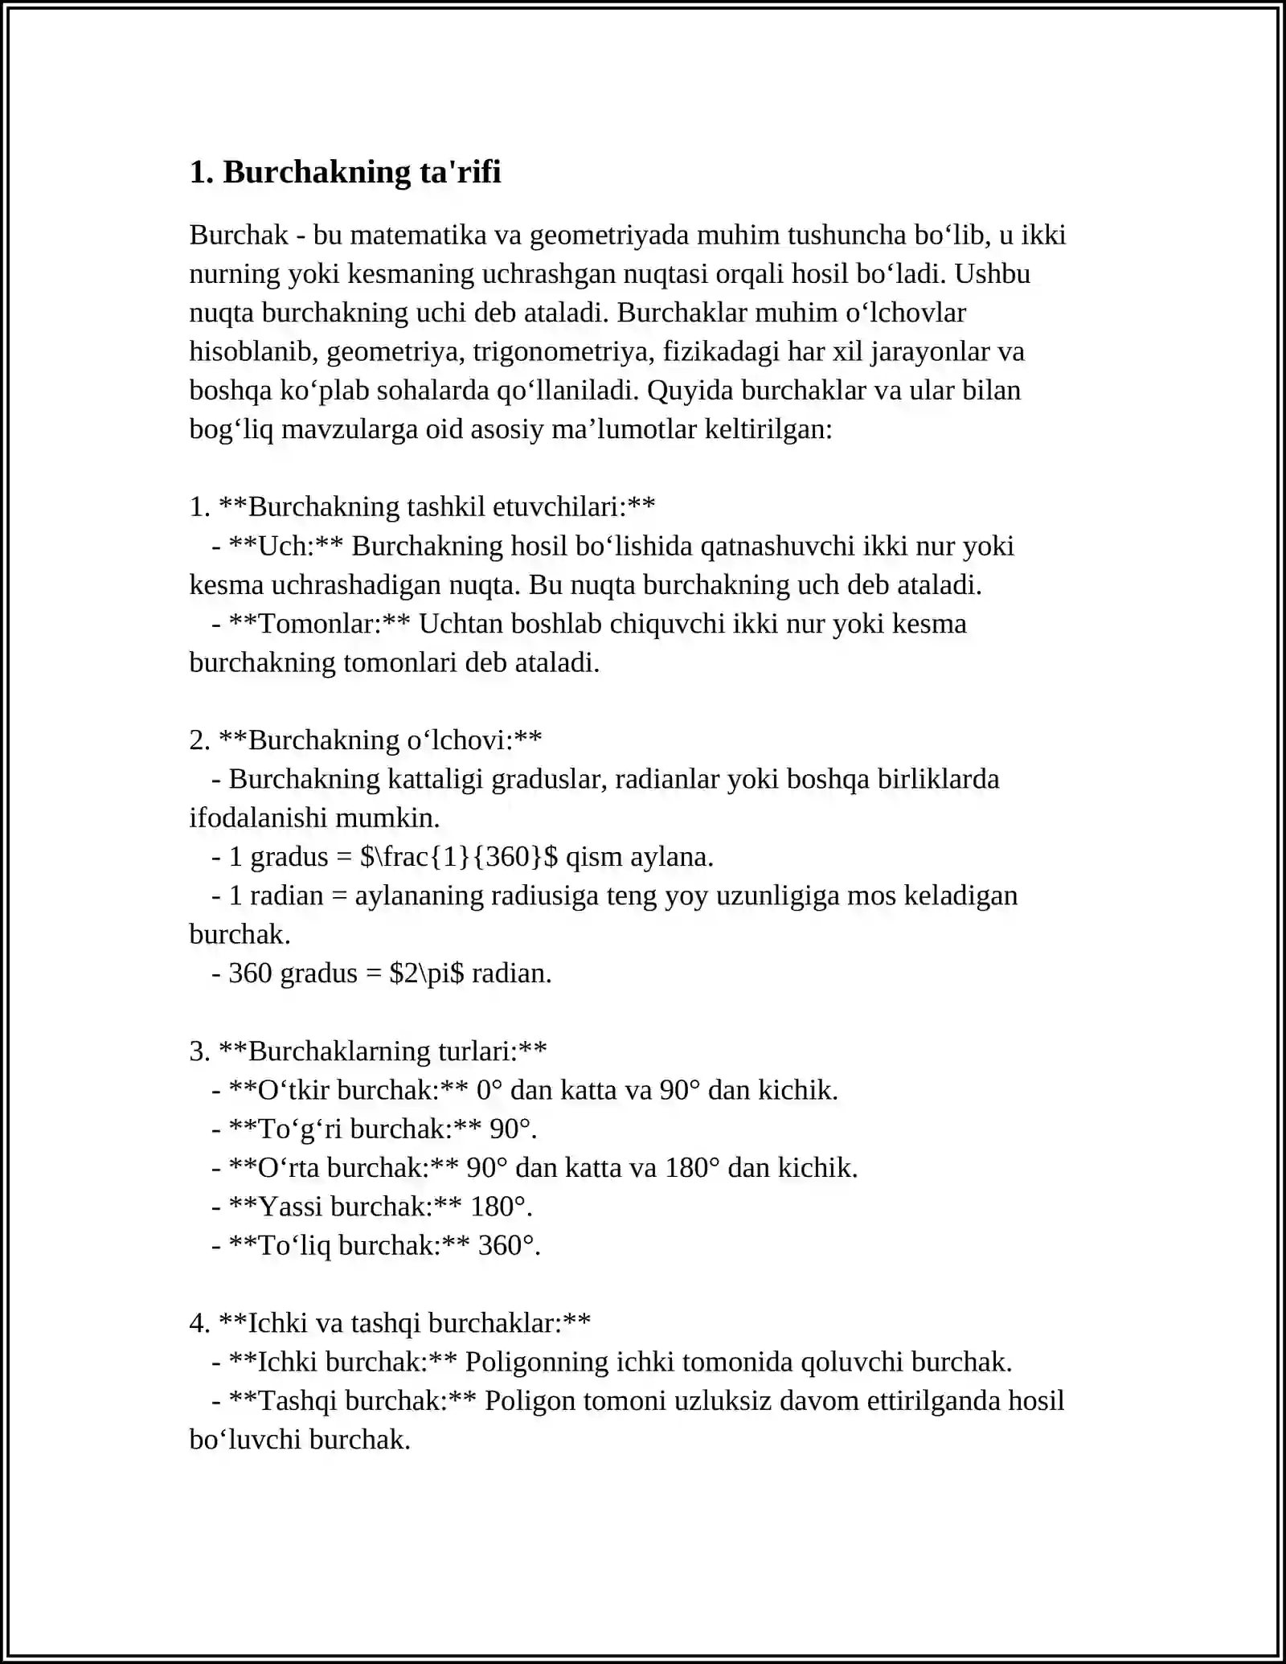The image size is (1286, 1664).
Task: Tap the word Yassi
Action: (x=290, y=1207)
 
